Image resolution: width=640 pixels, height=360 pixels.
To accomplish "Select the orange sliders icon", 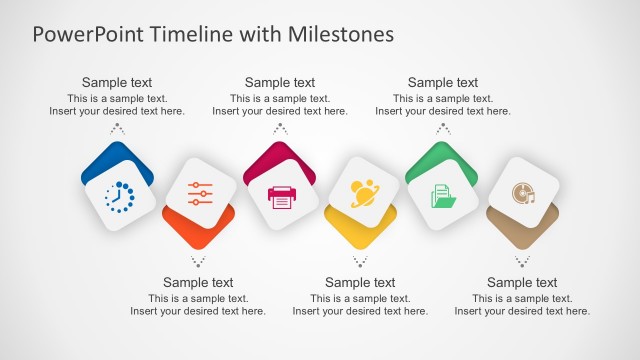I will tap(200, 194).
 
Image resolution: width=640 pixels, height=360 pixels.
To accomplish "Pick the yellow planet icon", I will tap(362, 192).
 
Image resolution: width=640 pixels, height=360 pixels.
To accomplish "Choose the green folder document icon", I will tap(443, 196).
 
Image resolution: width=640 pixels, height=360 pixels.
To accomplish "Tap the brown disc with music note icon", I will tap(523, 193).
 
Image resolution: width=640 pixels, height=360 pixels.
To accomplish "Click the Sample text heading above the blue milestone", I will tap(117, 83).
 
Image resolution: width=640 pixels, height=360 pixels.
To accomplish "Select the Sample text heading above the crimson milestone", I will tap(280, 83).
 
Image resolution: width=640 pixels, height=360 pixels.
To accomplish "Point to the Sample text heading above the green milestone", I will tap(443, 83).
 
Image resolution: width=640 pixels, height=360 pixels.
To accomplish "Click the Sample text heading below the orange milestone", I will tap(198, 283).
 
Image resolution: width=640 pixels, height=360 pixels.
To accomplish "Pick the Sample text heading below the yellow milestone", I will tap(360, 283).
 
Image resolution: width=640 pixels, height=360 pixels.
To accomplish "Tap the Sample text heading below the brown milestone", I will tap(522, 283).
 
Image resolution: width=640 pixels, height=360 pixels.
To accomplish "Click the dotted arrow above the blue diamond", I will tap(117, 128).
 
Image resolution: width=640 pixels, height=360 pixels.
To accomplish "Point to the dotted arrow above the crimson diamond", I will tap(280, 128).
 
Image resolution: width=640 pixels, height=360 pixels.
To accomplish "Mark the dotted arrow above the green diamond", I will tap(443, 128).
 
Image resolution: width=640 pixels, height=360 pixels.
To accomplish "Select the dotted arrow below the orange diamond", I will tap(198, 261).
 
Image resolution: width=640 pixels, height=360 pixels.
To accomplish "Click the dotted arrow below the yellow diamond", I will tap(360, 261).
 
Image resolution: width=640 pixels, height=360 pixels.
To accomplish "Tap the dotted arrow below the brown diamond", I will tap(522, 261).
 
